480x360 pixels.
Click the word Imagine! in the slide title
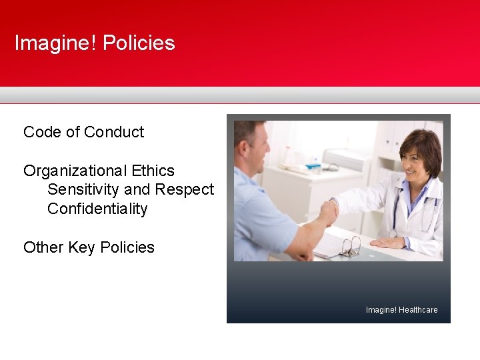pyautogui.click(x=56, y=43)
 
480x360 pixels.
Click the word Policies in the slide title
pyautogui.click(x=139, y=43)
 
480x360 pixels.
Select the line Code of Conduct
pyautogui.click(x=83, y=132)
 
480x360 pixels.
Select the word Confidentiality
pyautogui.click(x=97, y=209)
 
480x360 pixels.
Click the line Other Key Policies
pyautogui.click(x=89, y=247)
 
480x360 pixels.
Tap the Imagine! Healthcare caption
pyautogui.click(x=401, y=310)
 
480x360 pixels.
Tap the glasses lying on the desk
pyautogui.click(x=350, y=247)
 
